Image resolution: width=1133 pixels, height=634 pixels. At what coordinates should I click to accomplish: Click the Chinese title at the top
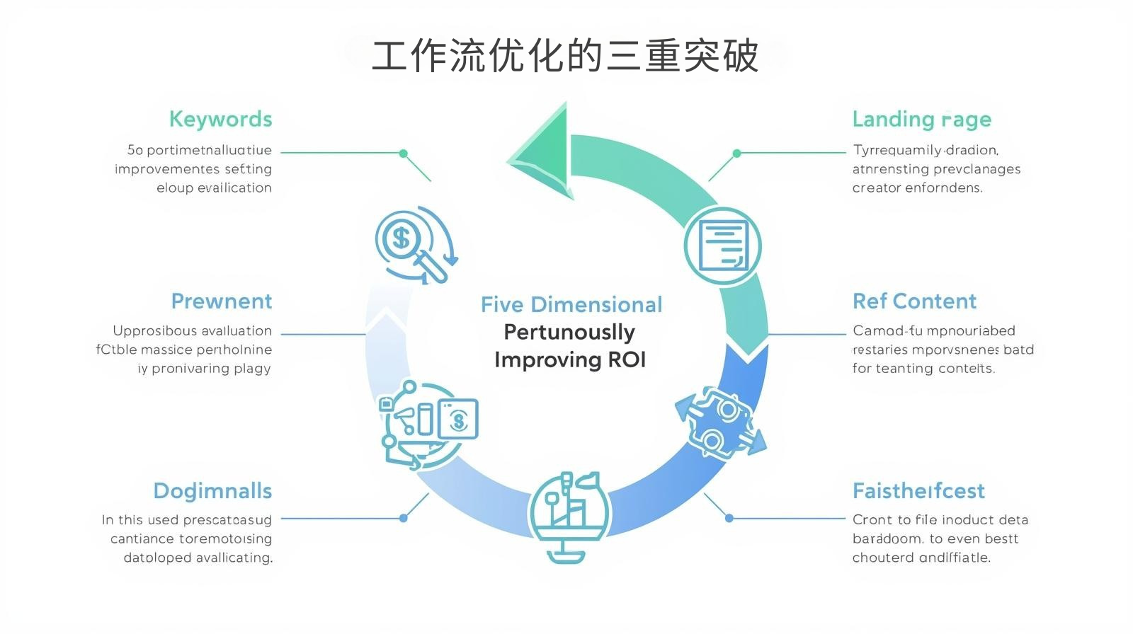pos(565,56)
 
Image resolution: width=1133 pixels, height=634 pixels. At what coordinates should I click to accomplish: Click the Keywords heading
pos(220,119)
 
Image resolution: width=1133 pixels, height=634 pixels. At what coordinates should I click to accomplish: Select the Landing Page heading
pos(921,119)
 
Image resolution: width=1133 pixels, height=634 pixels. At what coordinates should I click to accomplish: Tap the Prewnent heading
pos(221,301)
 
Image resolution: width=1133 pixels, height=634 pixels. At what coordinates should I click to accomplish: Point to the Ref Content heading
pos(914,301)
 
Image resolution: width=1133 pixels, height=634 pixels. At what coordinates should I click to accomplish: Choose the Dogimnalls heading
pos(212,491)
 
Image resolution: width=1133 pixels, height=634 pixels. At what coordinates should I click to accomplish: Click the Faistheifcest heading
pos(918,491)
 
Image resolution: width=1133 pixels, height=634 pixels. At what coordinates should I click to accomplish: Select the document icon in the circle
pos(722,246)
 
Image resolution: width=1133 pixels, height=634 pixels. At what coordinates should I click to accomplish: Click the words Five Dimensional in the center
pos(571,305)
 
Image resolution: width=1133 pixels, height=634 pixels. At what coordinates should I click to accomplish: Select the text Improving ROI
pos(570,360)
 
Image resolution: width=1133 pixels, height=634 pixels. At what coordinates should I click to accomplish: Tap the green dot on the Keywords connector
pos(404,153)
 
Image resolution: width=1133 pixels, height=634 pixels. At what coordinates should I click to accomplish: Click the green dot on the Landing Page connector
pos(736,153)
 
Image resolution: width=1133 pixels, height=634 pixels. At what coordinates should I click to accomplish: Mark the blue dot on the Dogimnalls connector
pos(404,518)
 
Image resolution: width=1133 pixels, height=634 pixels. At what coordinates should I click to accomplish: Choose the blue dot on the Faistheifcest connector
pos(729,518)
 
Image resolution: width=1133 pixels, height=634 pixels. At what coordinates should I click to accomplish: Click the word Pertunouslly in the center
pos(569,332)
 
